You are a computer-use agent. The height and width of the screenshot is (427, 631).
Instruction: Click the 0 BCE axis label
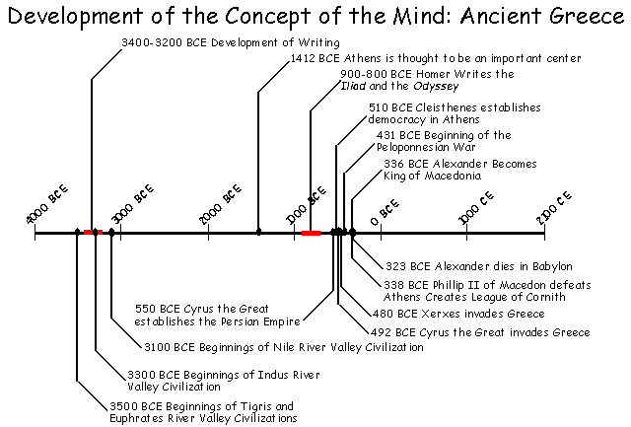pos(385,208)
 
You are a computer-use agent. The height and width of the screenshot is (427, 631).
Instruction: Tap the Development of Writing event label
pos(231,42)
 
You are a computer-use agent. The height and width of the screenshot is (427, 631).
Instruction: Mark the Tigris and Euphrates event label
pos(201,411)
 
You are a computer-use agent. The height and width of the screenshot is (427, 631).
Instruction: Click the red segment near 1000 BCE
pos(311,233)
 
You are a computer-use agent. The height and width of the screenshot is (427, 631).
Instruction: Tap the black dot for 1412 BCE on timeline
pos(258,233)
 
